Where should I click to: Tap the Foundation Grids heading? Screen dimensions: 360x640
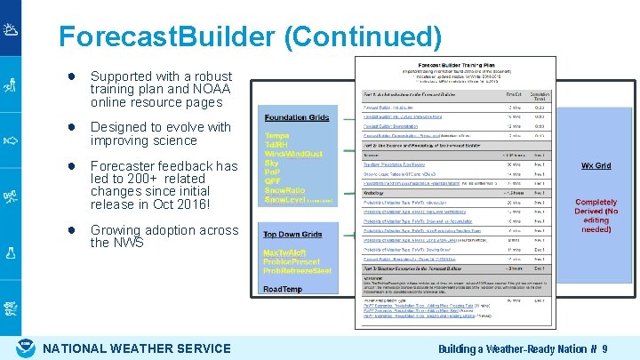[x=297, y=117]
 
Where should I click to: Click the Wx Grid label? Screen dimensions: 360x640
[x=595, y=166]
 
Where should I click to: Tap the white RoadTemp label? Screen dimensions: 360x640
[x=283, y=289]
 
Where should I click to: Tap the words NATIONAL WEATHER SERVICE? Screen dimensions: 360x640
[x=137, y=348]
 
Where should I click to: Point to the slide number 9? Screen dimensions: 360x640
[x=604, y=348]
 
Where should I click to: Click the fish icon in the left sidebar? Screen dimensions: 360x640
[x=11, y=140]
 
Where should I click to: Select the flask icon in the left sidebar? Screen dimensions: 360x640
[x=11, y=252]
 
